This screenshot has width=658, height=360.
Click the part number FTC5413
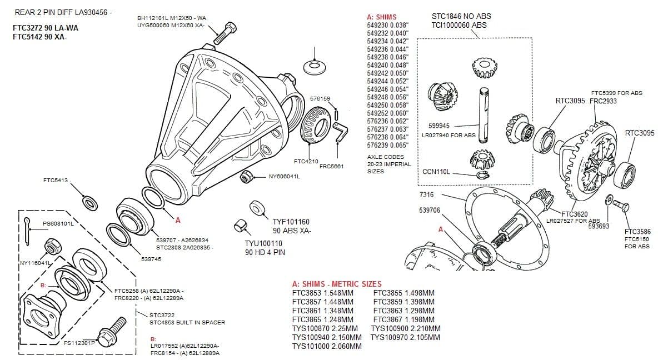click(55, 180)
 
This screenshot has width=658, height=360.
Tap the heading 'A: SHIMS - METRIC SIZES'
click(337, 284)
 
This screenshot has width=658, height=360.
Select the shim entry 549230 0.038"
click(387, 25)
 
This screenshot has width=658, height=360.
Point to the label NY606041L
click(284, 177)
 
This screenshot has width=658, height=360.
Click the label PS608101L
click(58, 224)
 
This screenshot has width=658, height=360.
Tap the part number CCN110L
click(436, 172)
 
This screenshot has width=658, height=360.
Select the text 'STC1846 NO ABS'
click(461, 17)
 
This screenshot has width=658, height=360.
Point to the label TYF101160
click(291, 222)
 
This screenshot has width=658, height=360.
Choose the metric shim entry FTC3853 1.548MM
click(322, 293)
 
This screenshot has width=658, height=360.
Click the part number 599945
click(439, 126)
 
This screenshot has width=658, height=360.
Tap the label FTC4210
click(306, 162)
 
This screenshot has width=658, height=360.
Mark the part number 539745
click(151, 259)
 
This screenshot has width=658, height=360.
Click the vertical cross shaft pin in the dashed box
click(483, 114)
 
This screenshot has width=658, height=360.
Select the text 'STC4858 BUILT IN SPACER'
click(187, 322)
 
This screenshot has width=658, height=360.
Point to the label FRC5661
click(332, 166)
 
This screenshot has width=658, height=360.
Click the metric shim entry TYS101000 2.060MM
click(327, 346)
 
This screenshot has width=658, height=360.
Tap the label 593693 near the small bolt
click(599, 226)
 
